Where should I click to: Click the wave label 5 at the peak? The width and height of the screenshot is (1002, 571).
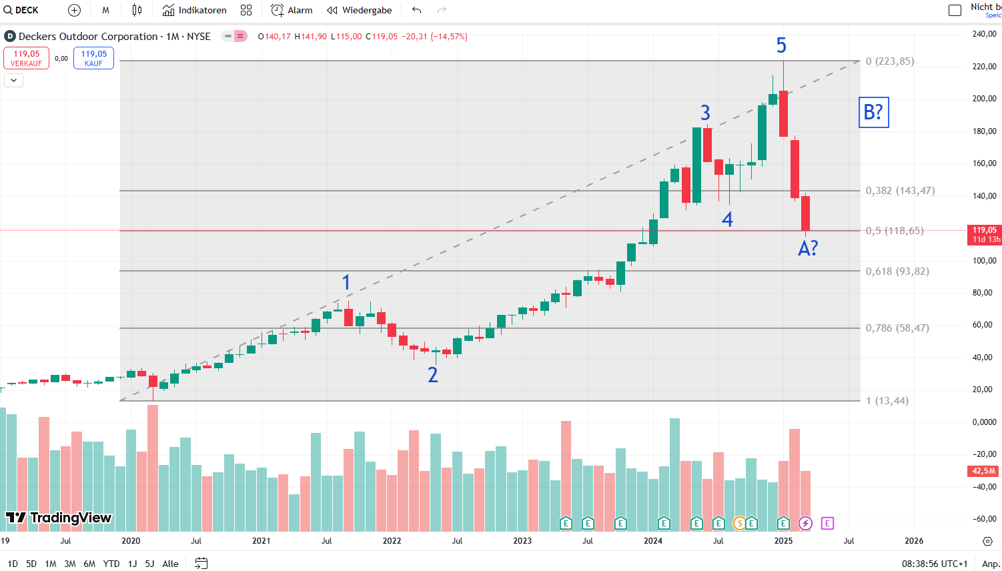[x=781, y=45]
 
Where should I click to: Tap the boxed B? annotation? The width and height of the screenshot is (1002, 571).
[x=873, y=112]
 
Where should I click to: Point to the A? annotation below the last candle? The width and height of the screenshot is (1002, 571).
[x=807, y=249]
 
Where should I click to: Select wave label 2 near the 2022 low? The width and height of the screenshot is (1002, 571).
[x=433, y=375]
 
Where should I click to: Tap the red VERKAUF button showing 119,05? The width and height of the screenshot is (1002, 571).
[x=26, y=58]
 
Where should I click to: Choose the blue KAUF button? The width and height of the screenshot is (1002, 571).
[x=93, y=58]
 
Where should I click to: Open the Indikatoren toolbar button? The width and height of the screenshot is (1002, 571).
[x=195, y=10]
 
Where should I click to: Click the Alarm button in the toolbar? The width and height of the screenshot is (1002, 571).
[x=292, y=10]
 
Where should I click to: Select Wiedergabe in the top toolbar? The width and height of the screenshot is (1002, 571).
[x=360, y=10]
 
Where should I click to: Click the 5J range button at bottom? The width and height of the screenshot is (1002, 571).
[x=149, y=564]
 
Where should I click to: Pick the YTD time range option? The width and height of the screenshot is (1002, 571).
[x=111, y=564]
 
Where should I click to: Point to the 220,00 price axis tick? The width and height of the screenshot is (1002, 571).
[x=984, y=67]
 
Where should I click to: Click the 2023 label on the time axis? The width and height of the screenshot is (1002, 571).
[x=522, y=540]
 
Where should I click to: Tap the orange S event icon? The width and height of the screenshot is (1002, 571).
[x=739, y=523]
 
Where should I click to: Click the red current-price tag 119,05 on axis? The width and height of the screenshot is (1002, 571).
[x=985, y=234]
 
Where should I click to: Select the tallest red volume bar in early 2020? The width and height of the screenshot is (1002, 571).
[x=153, y=467]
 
